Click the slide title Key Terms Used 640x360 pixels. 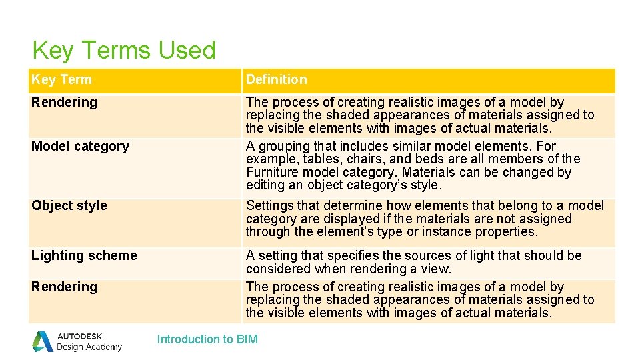(124, 51)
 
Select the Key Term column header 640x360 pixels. (61, 79)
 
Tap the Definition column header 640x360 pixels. (276, 79)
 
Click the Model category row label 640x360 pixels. (80, 146)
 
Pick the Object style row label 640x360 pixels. (69, 205)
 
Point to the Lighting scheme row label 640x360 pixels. (84, 255)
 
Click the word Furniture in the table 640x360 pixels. (274, 172)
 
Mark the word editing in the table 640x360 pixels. (265, 185)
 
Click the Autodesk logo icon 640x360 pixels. (43, 341)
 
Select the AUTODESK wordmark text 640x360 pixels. (80, 336)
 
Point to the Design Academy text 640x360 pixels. (89, 347)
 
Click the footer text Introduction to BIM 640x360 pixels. (207, 339)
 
